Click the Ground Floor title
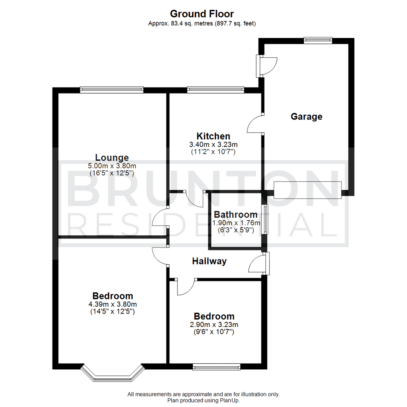[202, 14]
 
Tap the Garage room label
[306, 116]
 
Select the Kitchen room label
[213, 136]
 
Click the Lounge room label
[112, 158]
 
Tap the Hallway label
[209, 261]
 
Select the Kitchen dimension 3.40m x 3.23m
[213, 144]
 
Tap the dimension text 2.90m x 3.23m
[214, 324]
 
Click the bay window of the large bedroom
[113, 374]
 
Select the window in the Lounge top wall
[112, 90]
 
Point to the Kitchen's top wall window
[216, 90]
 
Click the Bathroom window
[265, 219]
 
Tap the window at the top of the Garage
[318, 40]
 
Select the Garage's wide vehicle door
[308, 190]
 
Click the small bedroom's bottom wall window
[216, 366]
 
